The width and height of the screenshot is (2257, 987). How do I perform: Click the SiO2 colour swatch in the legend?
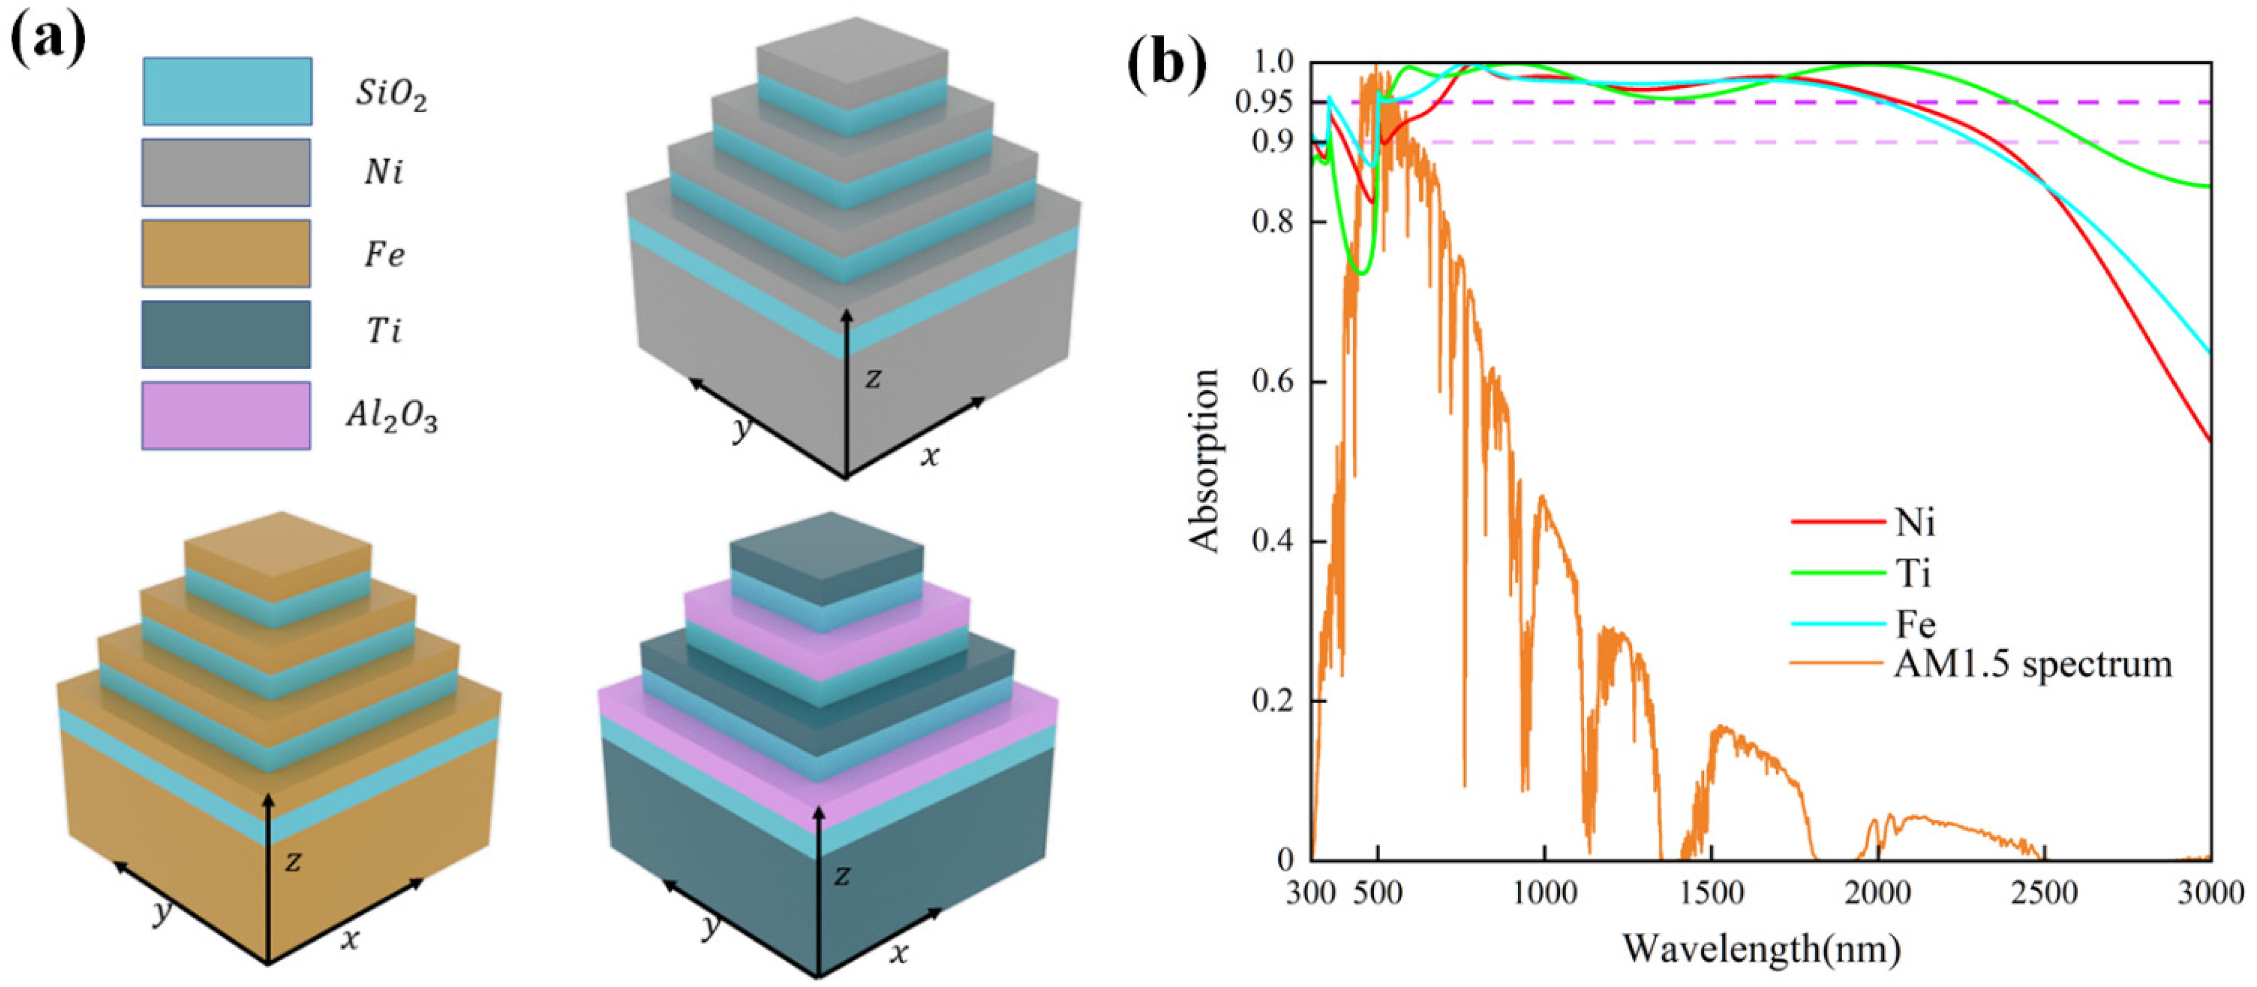tap(227, 91)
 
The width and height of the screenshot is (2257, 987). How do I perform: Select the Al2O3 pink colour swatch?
tap(226, 416)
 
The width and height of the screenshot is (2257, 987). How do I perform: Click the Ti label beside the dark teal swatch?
tap(384, 331)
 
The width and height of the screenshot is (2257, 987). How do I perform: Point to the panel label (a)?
tap(48, 41)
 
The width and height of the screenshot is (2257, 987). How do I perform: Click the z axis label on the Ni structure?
tap(873, 379)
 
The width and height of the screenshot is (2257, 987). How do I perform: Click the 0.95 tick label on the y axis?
tap(1263, 102)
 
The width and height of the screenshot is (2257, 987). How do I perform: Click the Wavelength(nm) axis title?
tap(1761, 948)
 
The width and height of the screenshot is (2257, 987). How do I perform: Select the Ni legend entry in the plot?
tap(1914, 522)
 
